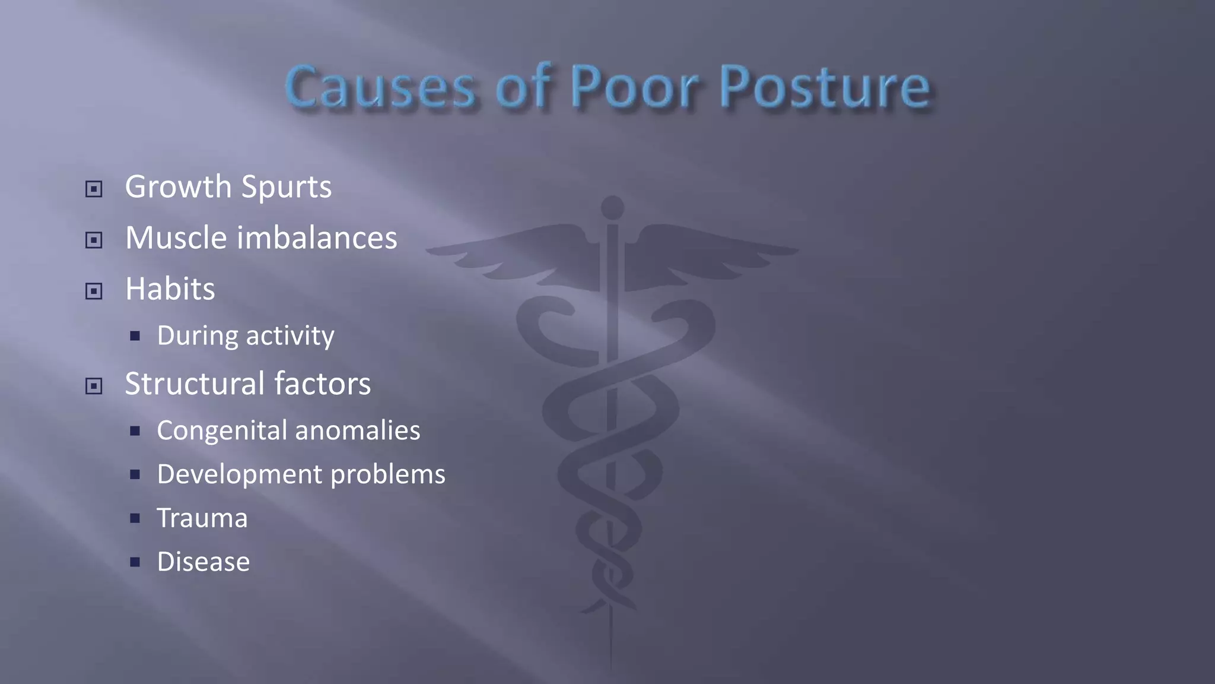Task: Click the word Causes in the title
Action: pos(380,88)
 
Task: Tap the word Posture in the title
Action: pos(825,88)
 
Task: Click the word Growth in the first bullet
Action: pos(179,188)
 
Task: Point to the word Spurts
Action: pos(287,188)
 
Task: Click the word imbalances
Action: pos(317,238)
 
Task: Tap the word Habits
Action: pos(170,289)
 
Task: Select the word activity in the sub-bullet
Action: pos(290,336)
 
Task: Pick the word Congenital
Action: pos(222,431)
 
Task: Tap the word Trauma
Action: pos(202,518)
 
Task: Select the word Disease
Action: pos(203,562)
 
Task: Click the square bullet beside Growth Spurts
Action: pos(94,189)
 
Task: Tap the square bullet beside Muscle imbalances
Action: pos(94,240)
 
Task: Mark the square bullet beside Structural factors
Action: pos(94,387)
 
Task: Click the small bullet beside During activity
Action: pos(135,337)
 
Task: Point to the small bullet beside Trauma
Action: pos(135,518)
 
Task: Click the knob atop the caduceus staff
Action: pos(612,207)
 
